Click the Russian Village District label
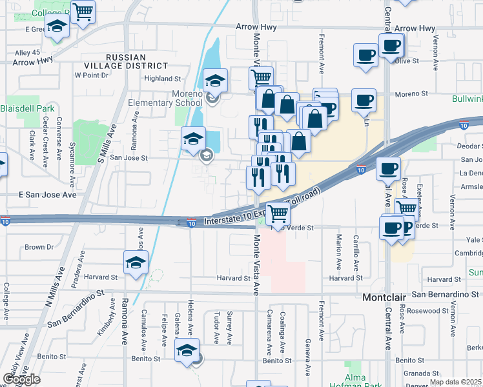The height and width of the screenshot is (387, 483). (117, 61)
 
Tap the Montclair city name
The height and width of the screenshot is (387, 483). (384, 299)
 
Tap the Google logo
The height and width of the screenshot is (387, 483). (21, 379)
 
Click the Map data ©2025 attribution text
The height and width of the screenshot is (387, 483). (455, 382)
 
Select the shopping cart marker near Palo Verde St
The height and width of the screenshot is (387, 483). (278, 213)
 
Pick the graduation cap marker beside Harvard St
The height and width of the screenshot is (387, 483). (136, 263)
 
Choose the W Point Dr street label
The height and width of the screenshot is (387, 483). (91, 75)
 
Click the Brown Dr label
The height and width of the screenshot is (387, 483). (39, 247)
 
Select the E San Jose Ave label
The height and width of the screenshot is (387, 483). (47, 194)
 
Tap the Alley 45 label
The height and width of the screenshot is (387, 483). (27, 53)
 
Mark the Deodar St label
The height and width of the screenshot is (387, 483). (469, 146)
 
